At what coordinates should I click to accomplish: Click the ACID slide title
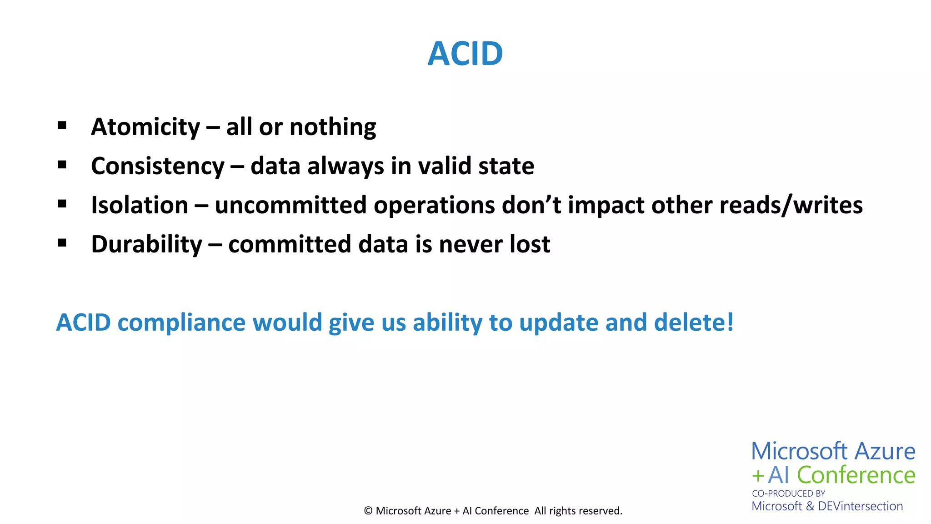465,54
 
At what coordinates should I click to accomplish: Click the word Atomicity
145,127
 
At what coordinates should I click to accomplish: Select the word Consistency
158,166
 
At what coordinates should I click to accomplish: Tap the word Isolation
140,205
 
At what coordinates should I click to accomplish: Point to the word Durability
146,244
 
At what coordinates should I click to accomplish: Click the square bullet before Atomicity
62,126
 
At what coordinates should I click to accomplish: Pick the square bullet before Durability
62,243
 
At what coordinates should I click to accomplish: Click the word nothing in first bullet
333,127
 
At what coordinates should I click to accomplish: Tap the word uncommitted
290,205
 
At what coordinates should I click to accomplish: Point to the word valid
444,166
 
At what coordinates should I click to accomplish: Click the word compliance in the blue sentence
181,322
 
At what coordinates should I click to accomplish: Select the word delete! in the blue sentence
694,322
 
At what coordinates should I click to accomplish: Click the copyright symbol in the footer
368,511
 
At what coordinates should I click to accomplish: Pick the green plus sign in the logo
757,476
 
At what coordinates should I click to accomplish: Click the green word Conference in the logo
856,475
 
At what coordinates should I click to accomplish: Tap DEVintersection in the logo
860,506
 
